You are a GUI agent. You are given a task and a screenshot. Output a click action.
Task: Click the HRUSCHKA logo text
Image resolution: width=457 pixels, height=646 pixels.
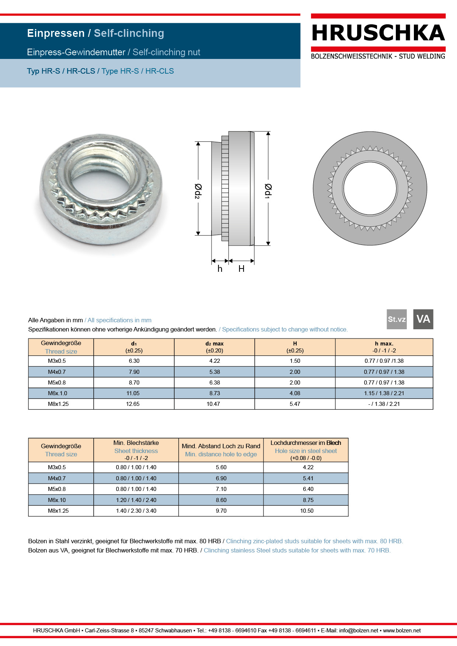click(x=378, y=33)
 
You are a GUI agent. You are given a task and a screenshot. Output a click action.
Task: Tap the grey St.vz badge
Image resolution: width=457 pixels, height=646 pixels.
click(x=397, y=319)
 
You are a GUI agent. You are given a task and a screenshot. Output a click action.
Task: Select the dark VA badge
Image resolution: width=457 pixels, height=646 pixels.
click(x=423, y=319)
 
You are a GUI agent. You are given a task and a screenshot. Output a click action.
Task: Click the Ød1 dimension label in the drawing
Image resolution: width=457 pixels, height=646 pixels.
click(x=268, y=191)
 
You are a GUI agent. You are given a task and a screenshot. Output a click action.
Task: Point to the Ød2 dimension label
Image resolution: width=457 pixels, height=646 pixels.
click(x=198, y=191)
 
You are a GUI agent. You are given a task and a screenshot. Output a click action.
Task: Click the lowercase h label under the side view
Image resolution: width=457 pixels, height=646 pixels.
click(x=220, y=269)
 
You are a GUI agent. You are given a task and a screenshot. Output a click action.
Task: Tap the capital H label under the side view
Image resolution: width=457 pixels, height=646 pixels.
click(x=241, y=269)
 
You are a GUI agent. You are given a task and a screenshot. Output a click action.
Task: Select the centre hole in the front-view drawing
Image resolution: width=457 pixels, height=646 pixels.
click(x=370, y=189)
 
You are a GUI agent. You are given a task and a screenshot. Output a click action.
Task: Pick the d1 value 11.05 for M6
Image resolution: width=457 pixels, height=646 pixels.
click(x=133, y=393)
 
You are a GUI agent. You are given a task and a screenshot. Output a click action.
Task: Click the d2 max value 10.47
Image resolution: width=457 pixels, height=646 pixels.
click(x=213, y=404)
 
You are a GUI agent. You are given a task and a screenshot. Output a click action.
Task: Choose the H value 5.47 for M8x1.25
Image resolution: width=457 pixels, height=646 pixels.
click(x=295, y=404)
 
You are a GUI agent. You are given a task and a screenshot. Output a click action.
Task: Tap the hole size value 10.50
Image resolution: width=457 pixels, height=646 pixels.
click(x=307, y=511)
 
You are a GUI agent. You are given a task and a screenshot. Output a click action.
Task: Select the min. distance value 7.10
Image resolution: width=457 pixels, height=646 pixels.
click(x=221, y=489)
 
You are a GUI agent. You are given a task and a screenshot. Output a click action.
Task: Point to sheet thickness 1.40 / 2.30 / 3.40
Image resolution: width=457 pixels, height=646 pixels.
click(x=136, y=511)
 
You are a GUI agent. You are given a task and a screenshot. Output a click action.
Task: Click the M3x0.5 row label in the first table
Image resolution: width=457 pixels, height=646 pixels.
click(x=57, y=361)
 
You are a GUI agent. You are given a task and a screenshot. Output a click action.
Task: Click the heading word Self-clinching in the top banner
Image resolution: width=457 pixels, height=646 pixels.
click(x=129, y=33)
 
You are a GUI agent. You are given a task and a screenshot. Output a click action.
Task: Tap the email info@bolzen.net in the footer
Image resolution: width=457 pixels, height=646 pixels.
click(x=359, y=631)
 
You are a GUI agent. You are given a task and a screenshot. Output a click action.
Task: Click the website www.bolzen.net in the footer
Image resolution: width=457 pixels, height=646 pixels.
click(x=402, y=631)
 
